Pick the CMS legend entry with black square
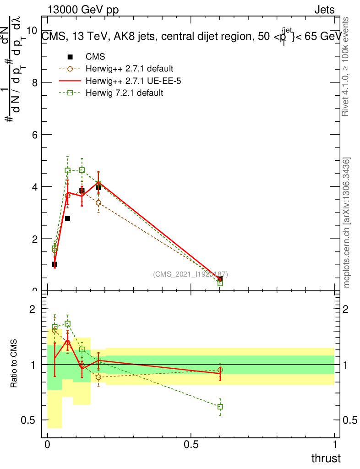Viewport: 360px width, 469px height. (96, 57)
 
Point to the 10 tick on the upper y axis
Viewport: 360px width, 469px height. (32, 30)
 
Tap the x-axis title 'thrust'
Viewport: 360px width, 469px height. (326, 458)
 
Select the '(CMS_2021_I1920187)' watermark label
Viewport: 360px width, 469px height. (191, 274)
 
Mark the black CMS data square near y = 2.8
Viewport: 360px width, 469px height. (67, 218)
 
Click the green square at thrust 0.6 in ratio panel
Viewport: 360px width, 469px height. (220, 407)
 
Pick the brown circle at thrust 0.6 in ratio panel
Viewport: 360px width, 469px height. (220, 370)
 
